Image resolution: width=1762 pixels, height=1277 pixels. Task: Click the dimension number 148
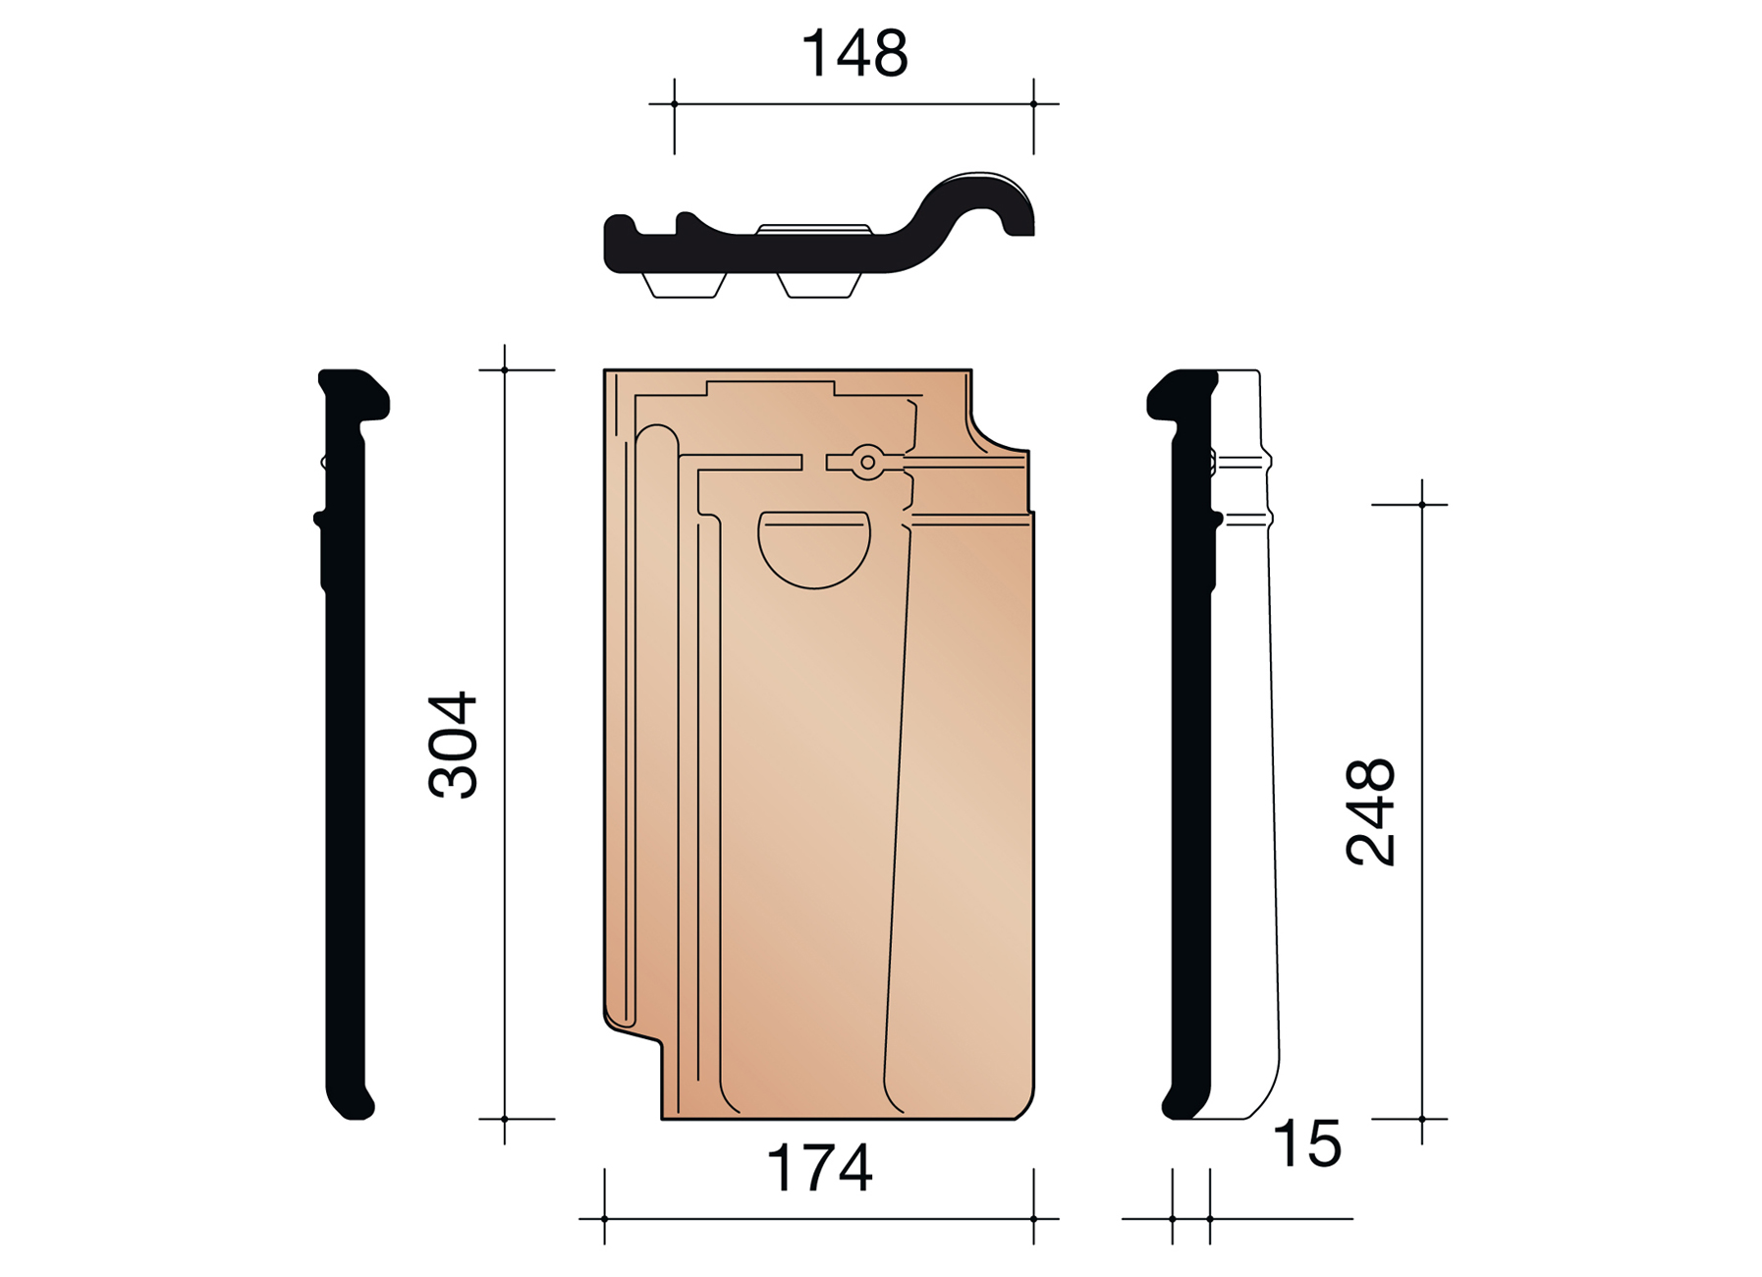(854, 53)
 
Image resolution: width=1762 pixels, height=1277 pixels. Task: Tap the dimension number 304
(453, 744)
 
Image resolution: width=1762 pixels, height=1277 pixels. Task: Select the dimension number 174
(819, 1168)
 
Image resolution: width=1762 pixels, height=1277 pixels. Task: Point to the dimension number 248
(1370, 811)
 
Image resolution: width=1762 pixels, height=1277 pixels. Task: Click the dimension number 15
(1306, 1144)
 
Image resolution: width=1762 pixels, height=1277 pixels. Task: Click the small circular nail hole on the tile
(867, 462)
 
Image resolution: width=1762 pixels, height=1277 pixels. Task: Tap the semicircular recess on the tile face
(814, 549)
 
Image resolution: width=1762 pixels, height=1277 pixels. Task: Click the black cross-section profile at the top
(819, 224)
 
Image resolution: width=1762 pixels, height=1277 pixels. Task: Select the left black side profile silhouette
(351, 744)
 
